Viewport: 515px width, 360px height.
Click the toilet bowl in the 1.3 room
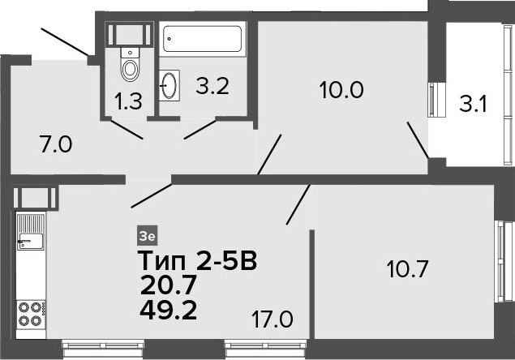(x=130, y=64)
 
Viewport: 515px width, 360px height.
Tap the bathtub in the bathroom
(x=202, y=39)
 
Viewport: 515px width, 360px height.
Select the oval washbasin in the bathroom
(x=170, y=85)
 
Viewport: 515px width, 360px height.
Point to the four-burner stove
(x=31, y=315)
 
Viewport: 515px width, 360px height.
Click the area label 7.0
(x=56, y=144)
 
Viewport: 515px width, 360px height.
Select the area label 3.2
(x=212, y=86)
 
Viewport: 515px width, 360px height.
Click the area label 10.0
(x=341, y=90)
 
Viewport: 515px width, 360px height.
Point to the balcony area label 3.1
(x=473, y=104)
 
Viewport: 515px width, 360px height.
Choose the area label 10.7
(x=407, y=268)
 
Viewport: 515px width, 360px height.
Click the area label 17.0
(x=273, y=319)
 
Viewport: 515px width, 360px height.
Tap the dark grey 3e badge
(x=147, y=236)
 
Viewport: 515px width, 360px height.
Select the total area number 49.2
(x=168, y=311)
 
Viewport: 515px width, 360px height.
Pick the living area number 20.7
(x=168, y=285)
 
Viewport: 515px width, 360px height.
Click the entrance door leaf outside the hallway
(x=65, y=41)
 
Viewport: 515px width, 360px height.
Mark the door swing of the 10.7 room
(x=298, y=204)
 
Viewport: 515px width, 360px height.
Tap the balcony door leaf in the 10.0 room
(x=418, y=140)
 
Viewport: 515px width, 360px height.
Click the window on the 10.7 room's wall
(x=504, y=261)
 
